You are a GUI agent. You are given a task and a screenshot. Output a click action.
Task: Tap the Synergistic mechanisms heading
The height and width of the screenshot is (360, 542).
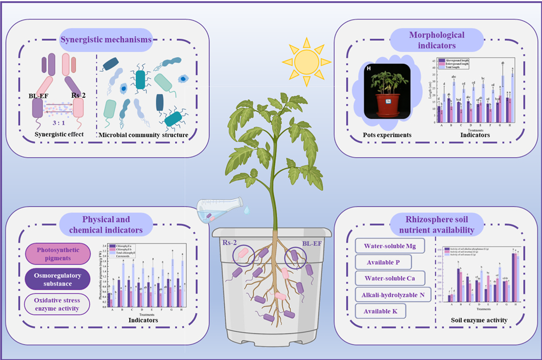pos(106,39)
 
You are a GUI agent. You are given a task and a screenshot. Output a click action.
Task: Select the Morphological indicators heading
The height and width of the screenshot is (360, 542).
pos(437,40)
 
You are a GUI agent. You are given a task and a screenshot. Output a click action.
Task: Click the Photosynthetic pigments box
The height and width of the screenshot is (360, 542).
pos(58,254)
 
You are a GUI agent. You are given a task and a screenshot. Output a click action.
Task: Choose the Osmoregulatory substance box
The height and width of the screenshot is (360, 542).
pos(58,279)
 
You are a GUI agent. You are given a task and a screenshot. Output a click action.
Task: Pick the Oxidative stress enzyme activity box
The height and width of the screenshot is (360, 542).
pos(57,304)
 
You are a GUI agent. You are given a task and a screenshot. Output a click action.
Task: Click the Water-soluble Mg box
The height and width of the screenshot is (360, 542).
pos(390,246)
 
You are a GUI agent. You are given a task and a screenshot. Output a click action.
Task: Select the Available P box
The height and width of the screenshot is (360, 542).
pos(383,262)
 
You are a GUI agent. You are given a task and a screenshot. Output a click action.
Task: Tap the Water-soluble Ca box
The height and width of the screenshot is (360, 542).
pos(390,278)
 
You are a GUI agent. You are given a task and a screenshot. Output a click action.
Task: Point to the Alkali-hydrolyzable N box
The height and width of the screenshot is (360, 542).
pos(393,295)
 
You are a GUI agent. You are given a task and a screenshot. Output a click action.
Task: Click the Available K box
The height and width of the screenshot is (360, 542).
pos(380,311)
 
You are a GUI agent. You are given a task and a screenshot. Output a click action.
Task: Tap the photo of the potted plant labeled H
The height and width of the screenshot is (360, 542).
pos(387,91)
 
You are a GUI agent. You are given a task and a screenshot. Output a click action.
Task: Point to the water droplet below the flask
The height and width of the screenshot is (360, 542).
pos(247,210)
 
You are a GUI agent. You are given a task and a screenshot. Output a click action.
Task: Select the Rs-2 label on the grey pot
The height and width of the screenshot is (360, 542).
pos(229,243)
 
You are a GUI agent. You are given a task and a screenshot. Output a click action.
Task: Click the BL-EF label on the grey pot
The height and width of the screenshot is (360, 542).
pos(312,243)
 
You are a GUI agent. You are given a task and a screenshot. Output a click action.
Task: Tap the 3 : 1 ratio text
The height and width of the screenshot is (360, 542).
pos(59,123)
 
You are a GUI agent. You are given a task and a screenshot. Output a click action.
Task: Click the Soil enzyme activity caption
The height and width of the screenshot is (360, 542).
pos(479,320)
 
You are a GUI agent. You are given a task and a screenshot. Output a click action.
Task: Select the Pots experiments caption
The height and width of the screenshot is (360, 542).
pos(387,135)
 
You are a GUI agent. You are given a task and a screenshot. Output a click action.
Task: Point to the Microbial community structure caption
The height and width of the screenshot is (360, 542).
pos(143,135)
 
